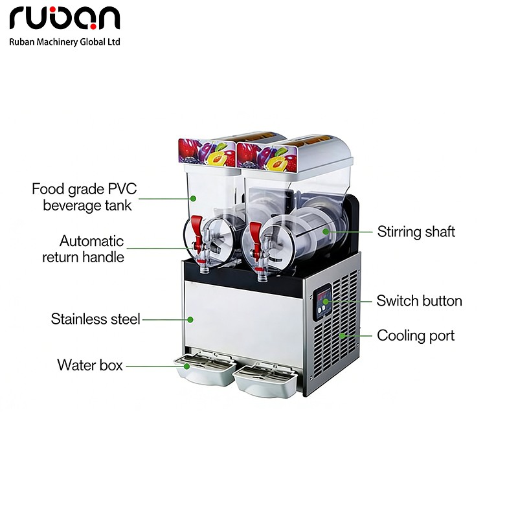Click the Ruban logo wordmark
pyautogui.click(x=65, y=19)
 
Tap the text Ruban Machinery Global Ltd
pyautogui.click(x=65, y=41)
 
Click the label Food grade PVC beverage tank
pyautogui.click(x=84, y=197)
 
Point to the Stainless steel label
pyautogui.click(x=95, y=319)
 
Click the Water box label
pyautogui.click(x=89, y=365)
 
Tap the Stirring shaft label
pyautogui.click(x=416, y=231)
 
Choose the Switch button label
pyautogui.click(x=419, y=300)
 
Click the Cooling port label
pyautogui.click(x=416, y=335)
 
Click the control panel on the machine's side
pyautogui.click(x=324, y=304)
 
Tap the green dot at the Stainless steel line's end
pyautogui.click(x=191, y=319)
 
